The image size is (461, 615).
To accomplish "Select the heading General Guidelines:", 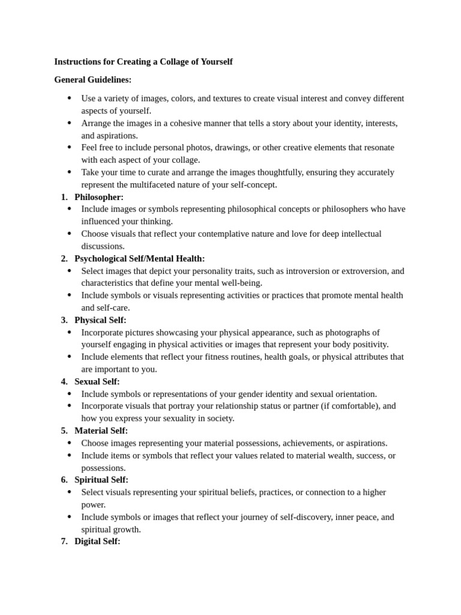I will (x=92, y=79).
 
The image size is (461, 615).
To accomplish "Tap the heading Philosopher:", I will (x=99, y=197).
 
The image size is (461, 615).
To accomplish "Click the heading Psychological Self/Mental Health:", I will (x=140, y=259).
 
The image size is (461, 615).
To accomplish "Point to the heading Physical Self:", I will (x=100, y=320).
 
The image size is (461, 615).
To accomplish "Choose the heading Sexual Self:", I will (x=97, y=381).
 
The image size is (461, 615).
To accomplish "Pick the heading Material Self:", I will (x=101, y=431).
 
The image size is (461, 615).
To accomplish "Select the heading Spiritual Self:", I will (x=101, y=480).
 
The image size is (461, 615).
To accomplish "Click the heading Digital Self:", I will (x=97, y=541).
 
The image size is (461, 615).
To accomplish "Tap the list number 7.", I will (x=64, y=541).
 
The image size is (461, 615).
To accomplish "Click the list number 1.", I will (x=64, y=197).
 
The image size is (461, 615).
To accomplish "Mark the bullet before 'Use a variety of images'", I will (x=69, y=98).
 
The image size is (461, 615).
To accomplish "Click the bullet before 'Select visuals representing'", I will (x=69, y=492).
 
